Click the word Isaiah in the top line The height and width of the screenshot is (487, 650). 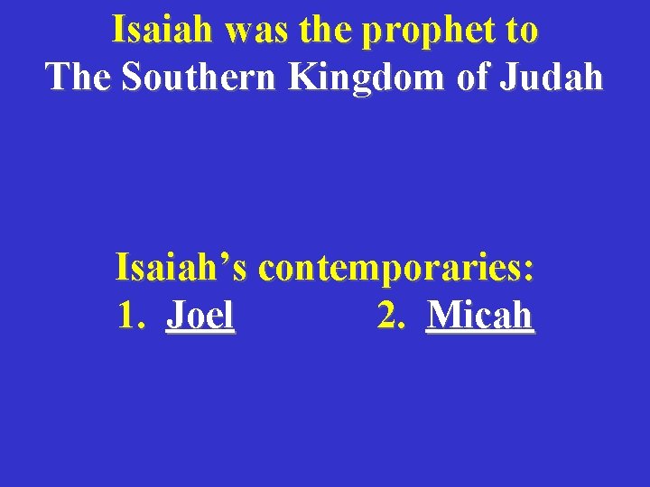[163, 31]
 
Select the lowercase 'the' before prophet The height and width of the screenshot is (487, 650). [328, 31]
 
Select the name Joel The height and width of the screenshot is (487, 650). [200, 316]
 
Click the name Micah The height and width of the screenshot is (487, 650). [480, 316]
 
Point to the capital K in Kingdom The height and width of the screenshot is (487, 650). [301, 78]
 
